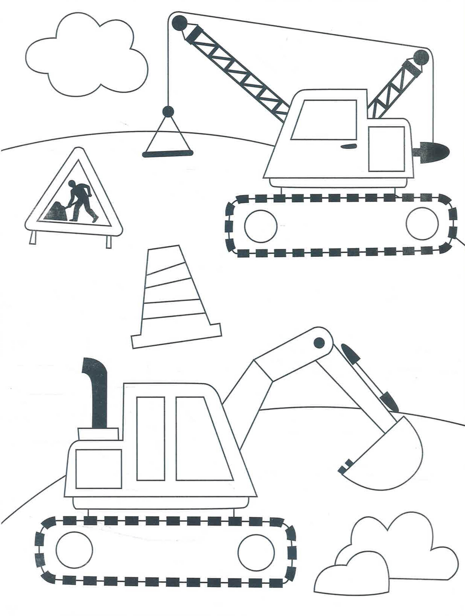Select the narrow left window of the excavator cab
pos(151,439)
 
